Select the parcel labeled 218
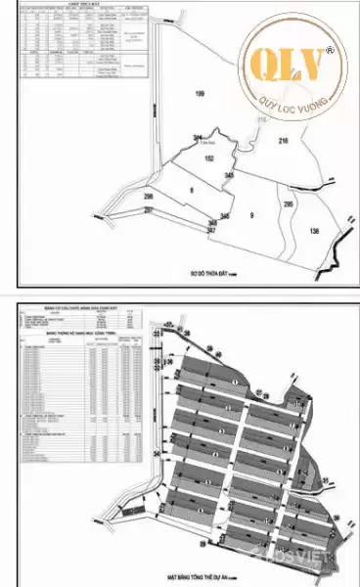[284, 143]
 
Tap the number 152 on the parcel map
[209, 158]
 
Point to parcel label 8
[192, 189]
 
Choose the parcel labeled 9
[251, 214]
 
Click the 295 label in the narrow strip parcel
[289, 204]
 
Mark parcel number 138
[314, 231]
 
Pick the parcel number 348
[213, 223]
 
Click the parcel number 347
[212, 231]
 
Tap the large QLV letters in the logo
[289, 64]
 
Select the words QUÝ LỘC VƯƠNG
[291, 96]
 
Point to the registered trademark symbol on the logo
[330, 47]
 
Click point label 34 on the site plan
[157, 455]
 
